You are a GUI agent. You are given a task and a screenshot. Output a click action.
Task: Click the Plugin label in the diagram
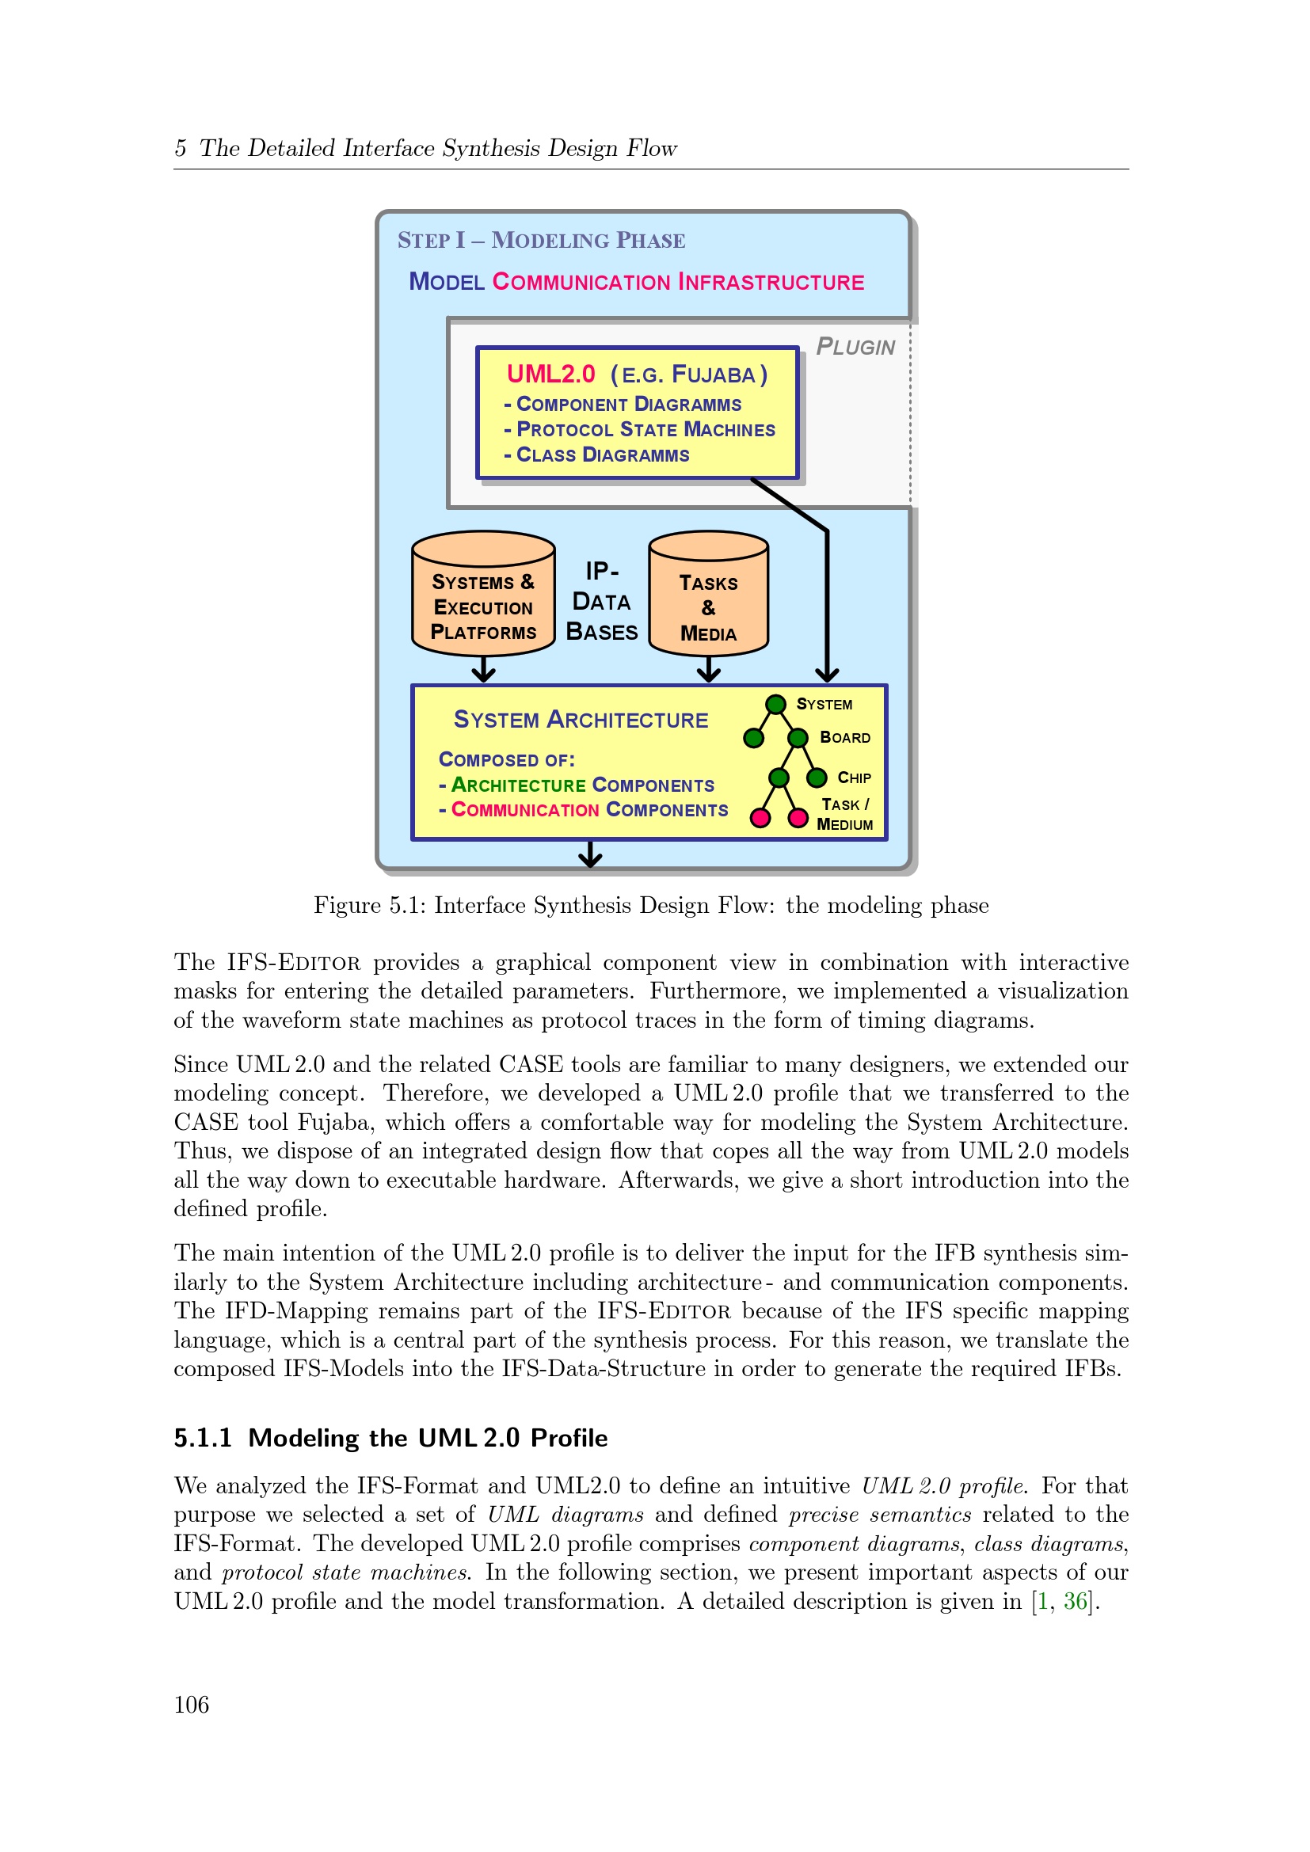click(x=855, y=347)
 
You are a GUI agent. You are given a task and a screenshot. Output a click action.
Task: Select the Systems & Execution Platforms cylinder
click(x=483, y=593)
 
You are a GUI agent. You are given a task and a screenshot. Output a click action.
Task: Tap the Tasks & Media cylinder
click(x=708, y=593)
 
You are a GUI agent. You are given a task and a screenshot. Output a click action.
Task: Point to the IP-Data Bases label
click(x=602, y=602)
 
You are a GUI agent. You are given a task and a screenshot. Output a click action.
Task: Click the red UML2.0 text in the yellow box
click(x=551, y=375)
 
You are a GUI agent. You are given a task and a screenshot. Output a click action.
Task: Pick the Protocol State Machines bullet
click(x=639, y=430)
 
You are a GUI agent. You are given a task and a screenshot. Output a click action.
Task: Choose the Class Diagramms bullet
click(x=596, y=455)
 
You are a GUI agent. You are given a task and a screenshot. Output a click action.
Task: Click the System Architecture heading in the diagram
click(x=581, y=720)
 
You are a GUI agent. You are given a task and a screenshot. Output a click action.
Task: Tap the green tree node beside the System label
click(x=775, y=704)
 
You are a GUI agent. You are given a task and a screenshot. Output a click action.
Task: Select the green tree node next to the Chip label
click(x=817, y=778)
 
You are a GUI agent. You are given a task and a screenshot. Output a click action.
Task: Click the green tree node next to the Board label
click(x=798, y=738)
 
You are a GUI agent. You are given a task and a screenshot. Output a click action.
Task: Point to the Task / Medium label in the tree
click(x=844, y=814)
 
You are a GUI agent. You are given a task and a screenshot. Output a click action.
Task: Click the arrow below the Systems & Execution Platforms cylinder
click(x=483, y=670)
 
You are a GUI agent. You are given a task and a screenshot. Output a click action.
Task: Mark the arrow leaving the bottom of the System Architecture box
click(x=591, y=854)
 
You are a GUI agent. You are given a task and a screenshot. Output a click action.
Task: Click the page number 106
click(x=191, y=1705)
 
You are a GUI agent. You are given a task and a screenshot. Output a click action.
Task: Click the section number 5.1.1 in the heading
click(x=204, y=1437)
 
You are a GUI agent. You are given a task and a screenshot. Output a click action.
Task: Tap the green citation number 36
click(x=1076, y=1600)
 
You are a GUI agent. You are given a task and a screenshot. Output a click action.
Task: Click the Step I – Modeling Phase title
click(x=541, y=241)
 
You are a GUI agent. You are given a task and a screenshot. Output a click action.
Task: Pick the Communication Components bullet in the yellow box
click(x=584, y=810)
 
